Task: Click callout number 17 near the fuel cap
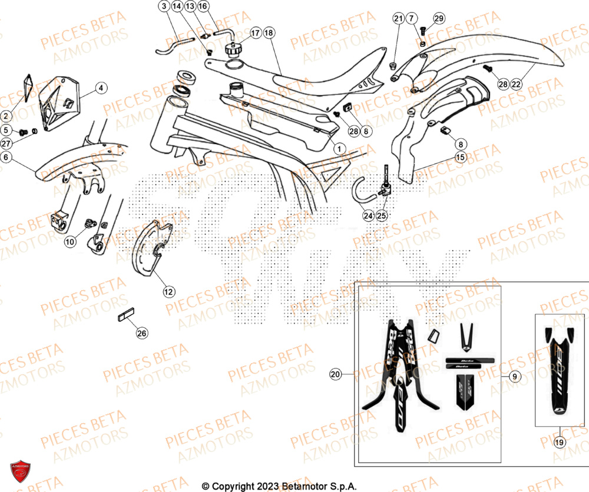(x=255, y=33)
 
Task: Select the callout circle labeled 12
(x=169, y=291)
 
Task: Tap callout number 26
(x=142, y=333)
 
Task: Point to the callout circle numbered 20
(x=336, y=374)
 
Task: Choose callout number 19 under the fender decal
(x=560, y=441)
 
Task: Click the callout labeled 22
(x=516, y=85)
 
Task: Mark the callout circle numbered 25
(x=382, y=216)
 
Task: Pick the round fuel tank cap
(x=233, y=49)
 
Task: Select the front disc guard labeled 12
(x=151, y=247)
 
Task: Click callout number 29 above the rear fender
(x=439, y=19)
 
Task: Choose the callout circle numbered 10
(x=70, y=241)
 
